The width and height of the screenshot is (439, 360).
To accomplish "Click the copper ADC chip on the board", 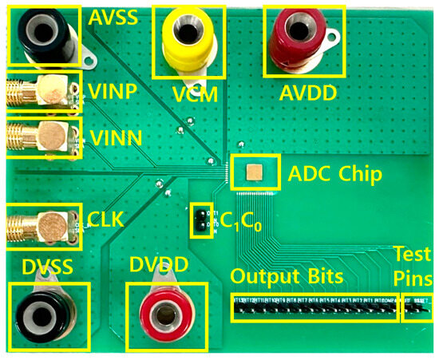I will tap(255, 172).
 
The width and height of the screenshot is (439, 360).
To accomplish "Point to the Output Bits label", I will tap(287, 276).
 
